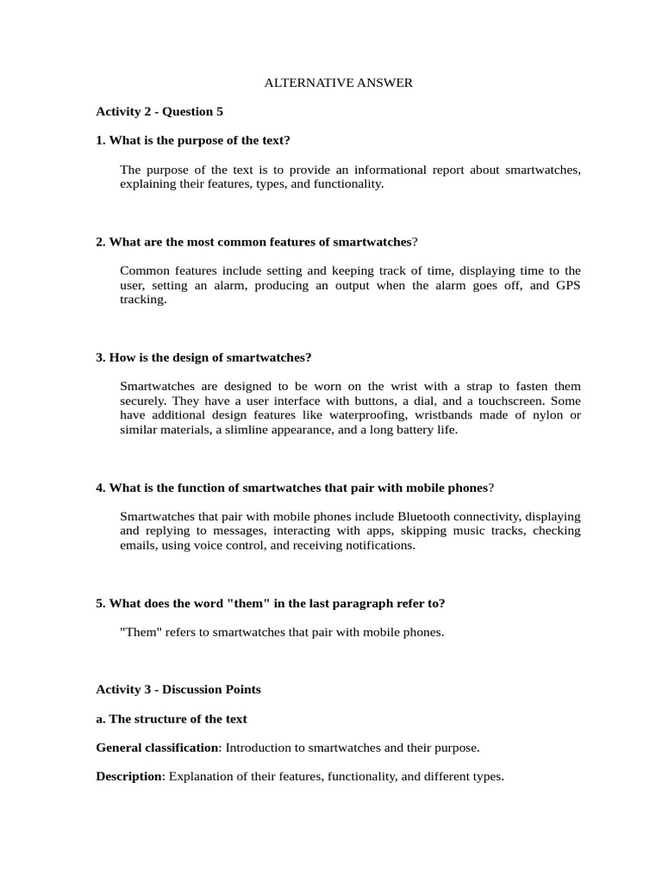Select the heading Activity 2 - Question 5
[x=159, y=111]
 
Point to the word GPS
[x=568, y=285]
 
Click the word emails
[x=138, y=545]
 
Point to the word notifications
[x=375, y=545]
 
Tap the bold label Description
[x=128, y=776]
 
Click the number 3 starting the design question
[x=99, y=357]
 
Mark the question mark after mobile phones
[x=491, y=488]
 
